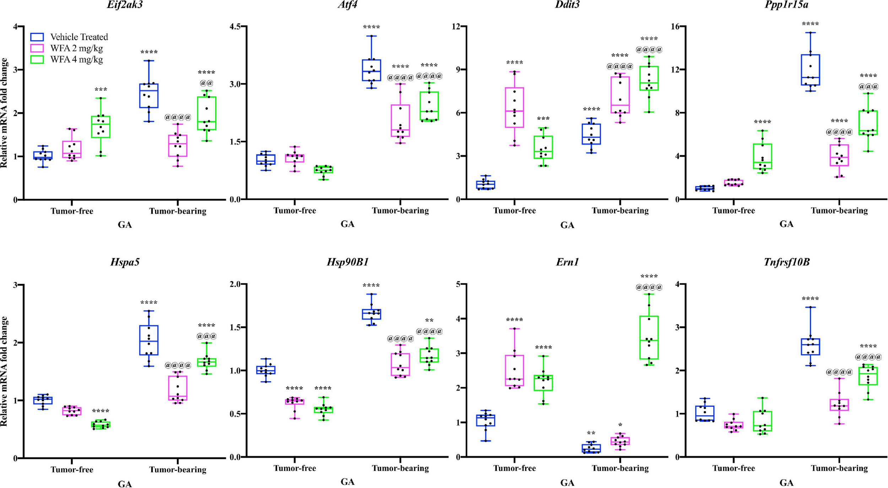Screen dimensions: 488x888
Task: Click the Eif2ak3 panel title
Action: coord(125,5)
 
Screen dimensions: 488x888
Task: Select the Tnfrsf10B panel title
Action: coord(786,262)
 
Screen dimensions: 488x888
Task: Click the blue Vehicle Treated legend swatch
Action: coord(37,37)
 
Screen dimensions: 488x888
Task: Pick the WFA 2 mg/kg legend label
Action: coord(76,48)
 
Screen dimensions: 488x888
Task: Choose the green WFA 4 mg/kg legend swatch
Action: coord(37,59)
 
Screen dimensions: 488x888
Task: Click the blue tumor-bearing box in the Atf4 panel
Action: coord(372,70)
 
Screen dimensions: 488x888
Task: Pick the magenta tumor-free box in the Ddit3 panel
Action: coord(514,107)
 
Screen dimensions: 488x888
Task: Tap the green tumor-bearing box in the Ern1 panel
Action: coord(649,337)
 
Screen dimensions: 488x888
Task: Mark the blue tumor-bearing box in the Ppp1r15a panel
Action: coord(811,70)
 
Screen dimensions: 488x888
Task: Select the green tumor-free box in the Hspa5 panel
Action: coord(101,425)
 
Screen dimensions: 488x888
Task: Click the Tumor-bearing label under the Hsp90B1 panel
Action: coord(400,468)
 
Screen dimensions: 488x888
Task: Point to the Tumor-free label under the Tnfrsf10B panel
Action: coord(733,468)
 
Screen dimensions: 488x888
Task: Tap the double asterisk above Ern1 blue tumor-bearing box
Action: coord(591,433)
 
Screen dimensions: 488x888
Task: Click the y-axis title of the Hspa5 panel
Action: coord(4,371)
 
